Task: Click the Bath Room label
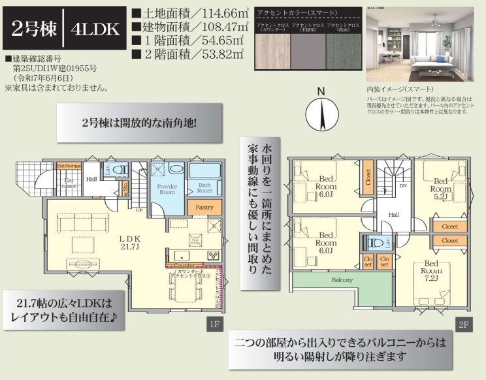click(x=205, y=188)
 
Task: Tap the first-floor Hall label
click(x=91, y=178)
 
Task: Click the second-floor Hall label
click(x=395, y=214)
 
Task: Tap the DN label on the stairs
click(x=403, y=185)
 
